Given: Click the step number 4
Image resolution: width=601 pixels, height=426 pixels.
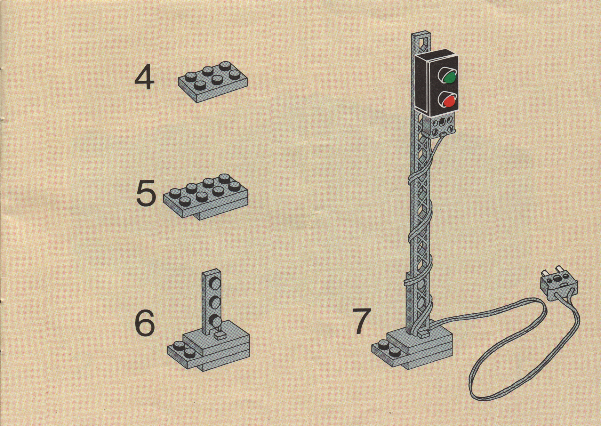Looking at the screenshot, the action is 144,79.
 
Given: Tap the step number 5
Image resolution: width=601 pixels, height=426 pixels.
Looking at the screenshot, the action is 146,194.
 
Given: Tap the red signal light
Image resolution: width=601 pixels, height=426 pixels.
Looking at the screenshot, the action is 449,101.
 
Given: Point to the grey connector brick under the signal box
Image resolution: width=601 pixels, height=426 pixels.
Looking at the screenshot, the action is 439,126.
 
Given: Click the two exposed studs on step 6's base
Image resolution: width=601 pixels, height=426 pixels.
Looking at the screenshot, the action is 184,350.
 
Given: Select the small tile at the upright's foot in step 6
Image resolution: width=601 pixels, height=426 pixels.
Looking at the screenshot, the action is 220,335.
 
